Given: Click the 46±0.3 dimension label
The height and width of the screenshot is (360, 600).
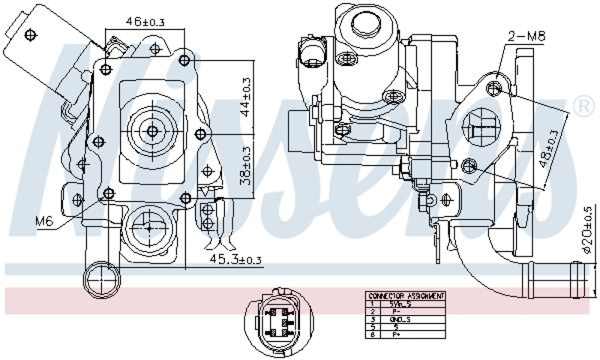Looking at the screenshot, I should [145, 22].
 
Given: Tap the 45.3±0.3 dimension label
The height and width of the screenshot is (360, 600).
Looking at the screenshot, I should [235, 260].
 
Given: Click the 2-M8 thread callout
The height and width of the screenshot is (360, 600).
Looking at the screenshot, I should [526, 37].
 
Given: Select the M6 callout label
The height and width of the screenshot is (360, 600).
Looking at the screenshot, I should [44, 221].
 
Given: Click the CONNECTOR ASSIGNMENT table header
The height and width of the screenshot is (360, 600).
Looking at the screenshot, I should [406, 296].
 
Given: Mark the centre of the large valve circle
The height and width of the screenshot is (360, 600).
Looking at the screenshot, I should [152, 130].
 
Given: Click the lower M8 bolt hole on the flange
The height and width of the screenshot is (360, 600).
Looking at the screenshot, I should [469, 164].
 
